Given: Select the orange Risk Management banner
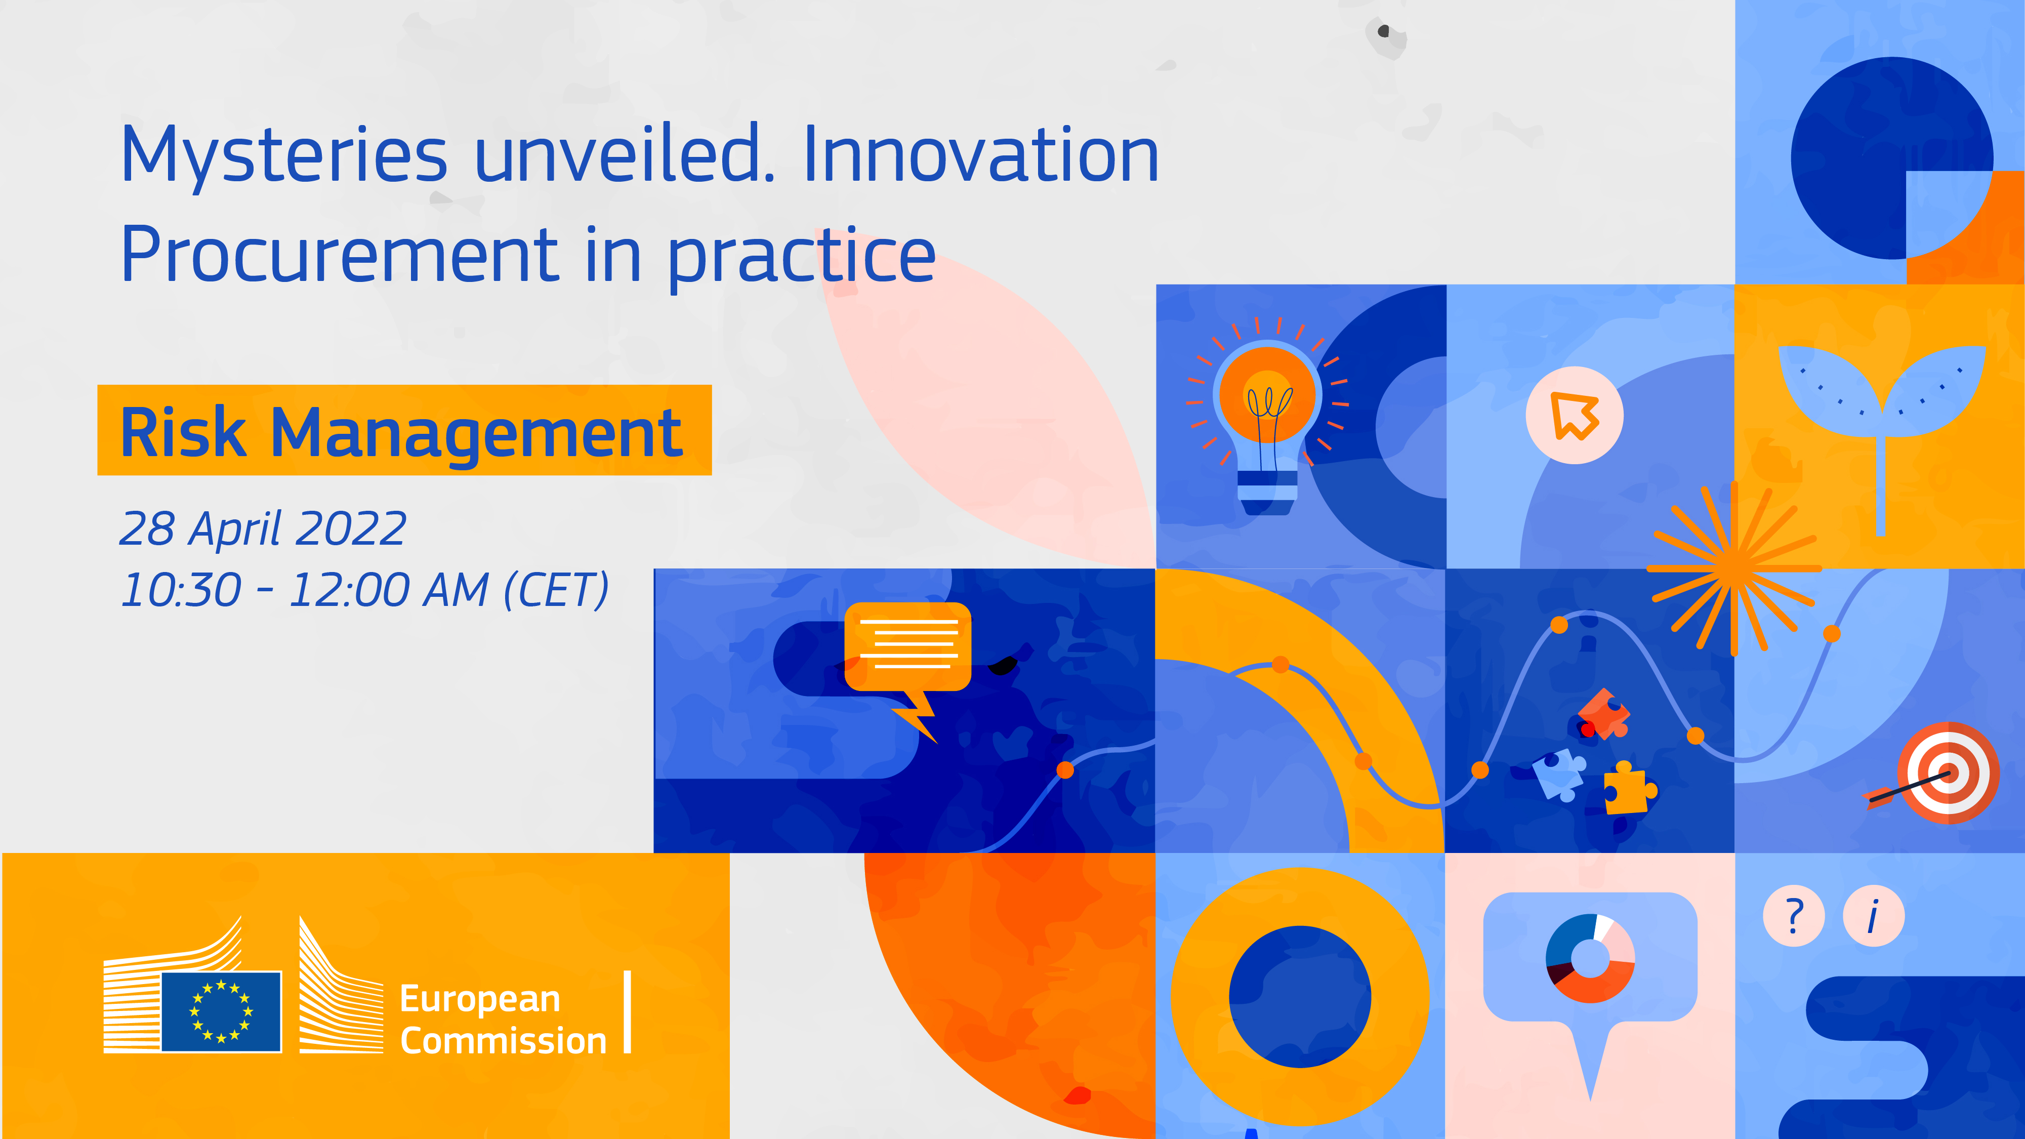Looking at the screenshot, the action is (404, 430).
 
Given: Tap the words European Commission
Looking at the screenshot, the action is (503, 1020).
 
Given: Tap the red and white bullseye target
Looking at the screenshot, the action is (1948, 772).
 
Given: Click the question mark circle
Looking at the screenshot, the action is (1794, 916).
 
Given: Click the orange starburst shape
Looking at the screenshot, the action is (1734, 567).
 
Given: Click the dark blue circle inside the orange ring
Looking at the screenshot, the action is (1299, 997).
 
